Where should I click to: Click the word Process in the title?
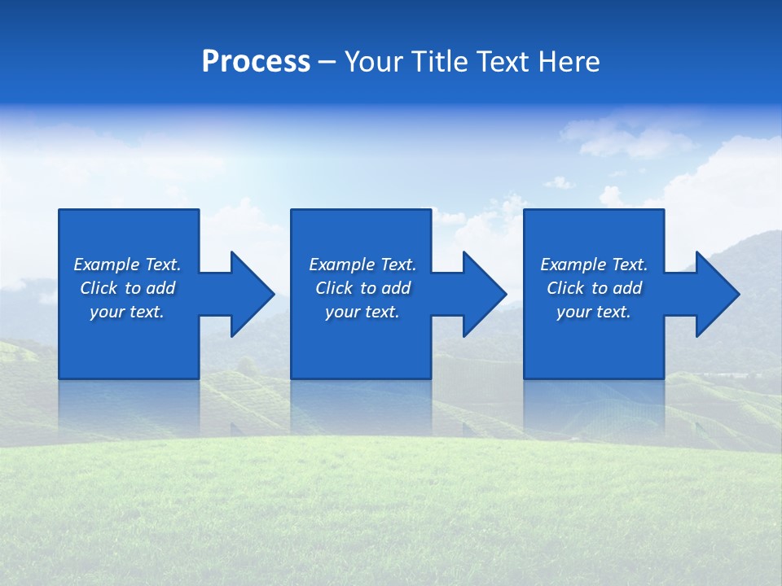(x=256, y=62)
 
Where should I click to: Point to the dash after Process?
(x=327, y=63)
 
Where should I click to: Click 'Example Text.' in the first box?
(x=127, y=265)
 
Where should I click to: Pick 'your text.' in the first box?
(x=127, y=312)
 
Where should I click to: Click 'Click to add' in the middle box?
(x=362, y=288)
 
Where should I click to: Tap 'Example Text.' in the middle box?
(x=362, y=265)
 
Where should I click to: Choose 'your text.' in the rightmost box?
(x=594, y=312)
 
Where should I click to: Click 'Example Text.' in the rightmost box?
(x=594, y=265)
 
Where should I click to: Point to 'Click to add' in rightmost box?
(x=594, y=288)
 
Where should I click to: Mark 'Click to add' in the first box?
(x=127, y=288)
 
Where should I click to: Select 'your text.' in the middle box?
(x=362, y=312)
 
